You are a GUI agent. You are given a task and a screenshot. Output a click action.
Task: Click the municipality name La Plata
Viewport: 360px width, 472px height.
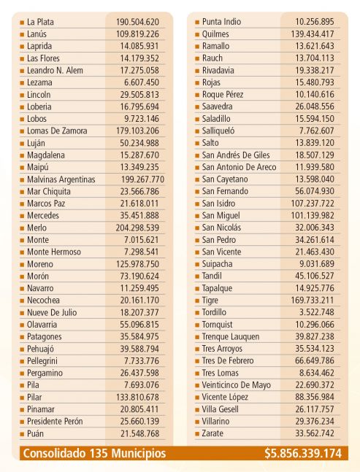pos(40,22)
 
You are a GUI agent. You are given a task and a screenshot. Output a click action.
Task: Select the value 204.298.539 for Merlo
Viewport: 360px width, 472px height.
pos(137,228)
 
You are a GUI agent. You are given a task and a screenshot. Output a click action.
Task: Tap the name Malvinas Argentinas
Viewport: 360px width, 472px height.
pos(61,179)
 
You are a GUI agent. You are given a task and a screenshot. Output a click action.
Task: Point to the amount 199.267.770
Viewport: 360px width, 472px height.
pos(143,179)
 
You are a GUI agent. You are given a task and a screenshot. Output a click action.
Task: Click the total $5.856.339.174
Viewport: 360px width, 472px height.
pos(303,453)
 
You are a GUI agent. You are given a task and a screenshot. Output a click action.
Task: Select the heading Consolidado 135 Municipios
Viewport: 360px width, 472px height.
pos(94,453)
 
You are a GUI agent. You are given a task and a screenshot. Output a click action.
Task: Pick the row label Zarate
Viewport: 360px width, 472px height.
pos(212,433)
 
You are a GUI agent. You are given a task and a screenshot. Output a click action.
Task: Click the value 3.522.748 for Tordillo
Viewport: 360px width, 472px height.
pos(317,312)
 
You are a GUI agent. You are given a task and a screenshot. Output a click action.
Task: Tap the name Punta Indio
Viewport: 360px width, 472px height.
pos(221,22)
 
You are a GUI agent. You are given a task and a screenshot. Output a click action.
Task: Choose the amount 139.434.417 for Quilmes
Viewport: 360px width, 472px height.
pos(313,34)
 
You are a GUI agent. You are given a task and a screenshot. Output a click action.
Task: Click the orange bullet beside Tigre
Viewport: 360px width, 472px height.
pos(197,301)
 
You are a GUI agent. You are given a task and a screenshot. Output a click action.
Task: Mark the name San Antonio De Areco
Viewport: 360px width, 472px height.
pos(239,167)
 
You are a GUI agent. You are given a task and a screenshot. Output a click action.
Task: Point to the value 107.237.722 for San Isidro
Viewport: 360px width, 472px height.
pos(313,204)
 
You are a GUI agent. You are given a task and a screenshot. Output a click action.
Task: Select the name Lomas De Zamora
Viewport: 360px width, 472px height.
pos(57,131)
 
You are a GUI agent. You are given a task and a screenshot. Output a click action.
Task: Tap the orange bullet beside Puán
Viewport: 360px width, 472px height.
pos(22,434)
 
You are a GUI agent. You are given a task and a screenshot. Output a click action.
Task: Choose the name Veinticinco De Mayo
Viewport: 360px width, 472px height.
pos(236,385)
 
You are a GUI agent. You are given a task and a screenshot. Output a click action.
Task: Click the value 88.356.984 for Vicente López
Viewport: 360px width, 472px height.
pos(315,397)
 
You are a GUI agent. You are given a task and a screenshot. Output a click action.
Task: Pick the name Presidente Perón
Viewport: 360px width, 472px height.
pos(55,422)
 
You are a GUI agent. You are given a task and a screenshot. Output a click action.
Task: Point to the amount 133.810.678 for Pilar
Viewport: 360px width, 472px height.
pos(138,398)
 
